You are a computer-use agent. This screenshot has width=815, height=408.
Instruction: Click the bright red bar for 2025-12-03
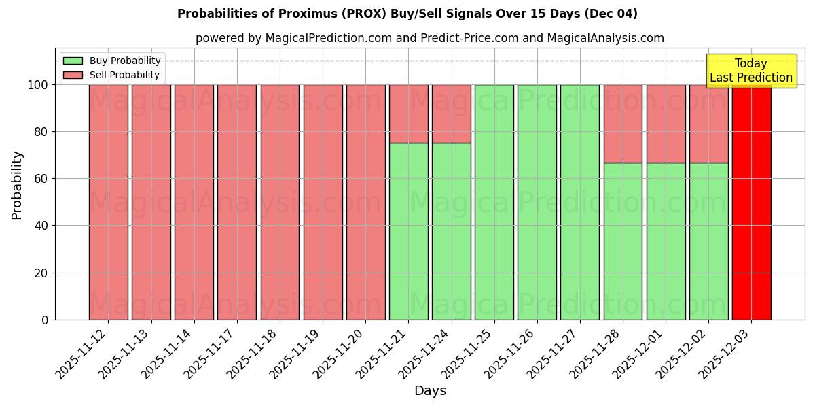(x=751, y=202)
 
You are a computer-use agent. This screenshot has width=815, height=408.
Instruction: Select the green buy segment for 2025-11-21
(x=408, y=231)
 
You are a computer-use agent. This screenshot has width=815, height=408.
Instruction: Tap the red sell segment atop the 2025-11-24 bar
(x=451, y=114)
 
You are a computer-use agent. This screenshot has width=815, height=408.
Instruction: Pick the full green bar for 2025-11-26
(x=537, y=202)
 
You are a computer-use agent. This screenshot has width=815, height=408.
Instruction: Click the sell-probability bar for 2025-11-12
(x=108, y=202)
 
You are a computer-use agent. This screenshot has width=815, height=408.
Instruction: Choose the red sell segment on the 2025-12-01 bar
(x=666, y=124)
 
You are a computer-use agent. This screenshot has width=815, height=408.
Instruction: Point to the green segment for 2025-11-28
(x=623, y=241)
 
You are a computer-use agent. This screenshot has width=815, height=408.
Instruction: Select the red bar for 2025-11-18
(x=280, y=202)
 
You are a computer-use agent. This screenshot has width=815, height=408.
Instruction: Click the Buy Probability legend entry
(x=112, y=61)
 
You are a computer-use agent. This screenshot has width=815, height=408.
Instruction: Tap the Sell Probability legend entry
(x=112, y=75)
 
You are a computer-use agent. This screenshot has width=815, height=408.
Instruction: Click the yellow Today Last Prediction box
(x=750, y=71)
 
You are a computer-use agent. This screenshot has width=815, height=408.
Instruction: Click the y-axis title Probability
(x=17, y=185)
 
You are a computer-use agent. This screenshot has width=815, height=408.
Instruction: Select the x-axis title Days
(x=430, y=391)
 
